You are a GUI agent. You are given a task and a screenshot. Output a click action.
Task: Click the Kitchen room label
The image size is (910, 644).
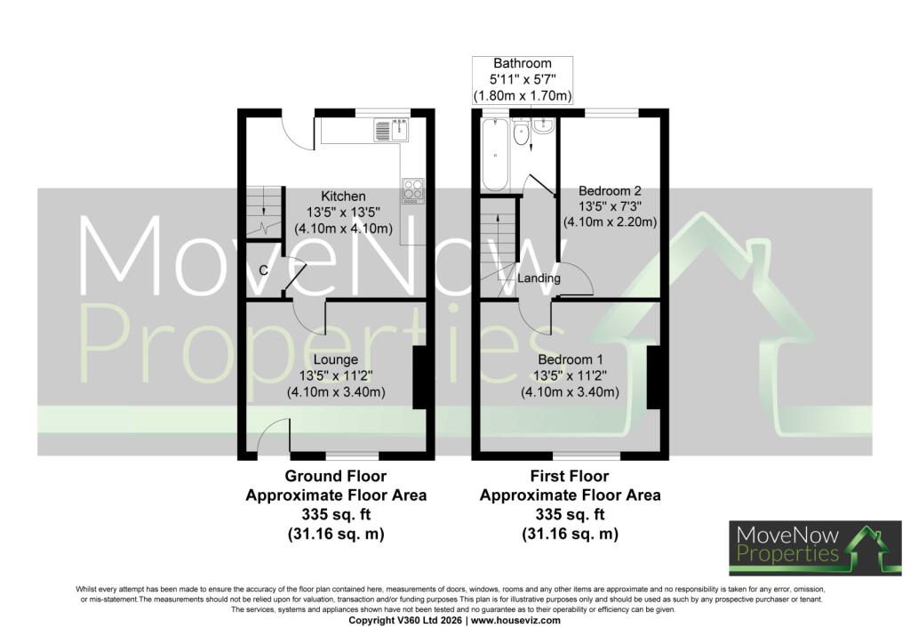(344, 197)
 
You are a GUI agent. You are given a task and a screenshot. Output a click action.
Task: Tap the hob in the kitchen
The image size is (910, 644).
(413, 190)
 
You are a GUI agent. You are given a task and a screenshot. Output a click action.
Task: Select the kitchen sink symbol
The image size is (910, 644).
(391, 130)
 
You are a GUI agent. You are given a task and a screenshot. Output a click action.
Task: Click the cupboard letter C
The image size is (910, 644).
(263, 270)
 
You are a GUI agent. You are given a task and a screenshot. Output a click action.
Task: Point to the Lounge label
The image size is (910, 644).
(335, 360)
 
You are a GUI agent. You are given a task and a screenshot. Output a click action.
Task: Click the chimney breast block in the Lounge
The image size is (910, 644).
(420, 378)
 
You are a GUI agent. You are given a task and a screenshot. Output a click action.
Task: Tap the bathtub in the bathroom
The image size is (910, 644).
(495, 155)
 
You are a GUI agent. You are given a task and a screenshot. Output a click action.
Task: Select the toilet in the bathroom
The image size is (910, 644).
(521, 133)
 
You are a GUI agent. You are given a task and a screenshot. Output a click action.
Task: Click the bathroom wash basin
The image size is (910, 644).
(544, 125)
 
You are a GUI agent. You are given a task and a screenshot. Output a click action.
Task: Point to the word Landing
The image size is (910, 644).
(539, 278)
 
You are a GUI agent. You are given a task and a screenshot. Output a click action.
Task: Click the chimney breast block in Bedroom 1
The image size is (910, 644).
(654, 378)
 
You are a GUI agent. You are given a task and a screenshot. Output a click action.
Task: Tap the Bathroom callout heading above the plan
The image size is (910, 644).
(523, 63)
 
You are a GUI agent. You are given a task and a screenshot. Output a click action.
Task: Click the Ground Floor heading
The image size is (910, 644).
(335, 476)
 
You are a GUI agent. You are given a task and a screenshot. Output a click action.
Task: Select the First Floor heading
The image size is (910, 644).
(570, 476)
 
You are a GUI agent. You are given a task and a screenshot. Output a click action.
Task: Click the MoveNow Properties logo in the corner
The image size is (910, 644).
(815, 548)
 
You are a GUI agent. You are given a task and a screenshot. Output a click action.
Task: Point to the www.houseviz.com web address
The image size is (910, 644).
(515, 620)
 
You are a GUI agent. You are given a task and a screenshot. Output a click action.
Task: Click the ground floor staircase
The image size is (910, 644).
(265, 212)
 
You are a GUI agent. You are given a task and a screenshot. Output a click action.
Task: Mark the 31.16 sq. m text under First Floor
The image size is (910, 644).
(570, 534)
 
